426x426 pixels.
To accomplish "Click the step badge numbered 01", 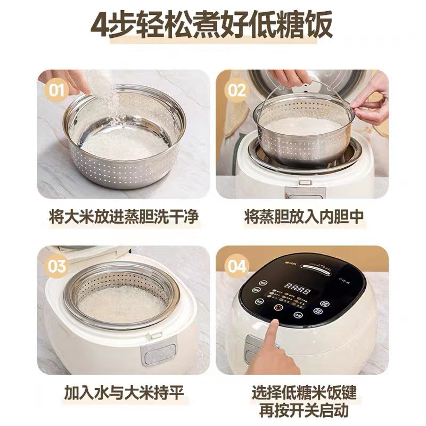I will click(57, 89).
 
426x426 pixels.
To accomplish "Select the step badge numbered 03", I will click(57, 265).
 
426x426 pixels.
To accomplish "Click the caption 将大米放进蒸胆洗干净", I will click(124, 217).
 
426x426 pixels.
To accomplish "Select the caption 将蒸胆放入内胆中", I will click(301, 217).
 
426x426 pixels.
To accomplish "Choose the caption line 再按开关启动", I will click(301, 410).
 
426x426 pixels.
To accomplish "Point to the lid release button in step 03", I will click(156, 335).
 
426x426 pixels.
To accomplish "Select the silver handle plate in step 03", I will click(157, 354).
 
